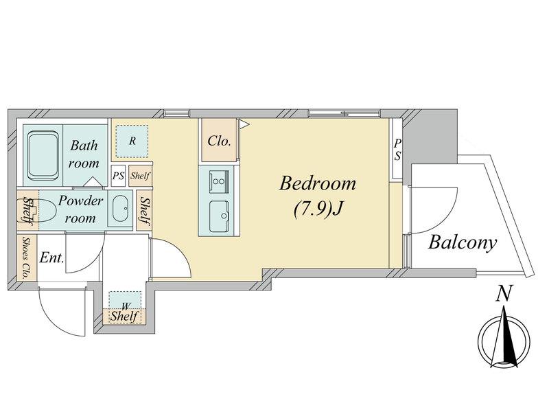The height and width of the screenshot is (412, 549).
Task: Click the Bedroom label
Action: [x=318, y=183]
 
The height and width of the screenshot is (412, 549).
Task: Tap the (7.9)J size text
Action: [x=318, y=210]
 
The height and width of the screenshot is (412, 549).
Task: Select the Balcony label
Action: [x=462, y=242]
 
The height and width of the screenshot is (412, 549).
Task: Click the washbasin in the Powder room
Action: [x=120, y=210]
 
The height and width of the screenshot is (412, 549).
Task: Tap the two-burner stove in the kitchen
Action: [x=219, y=181]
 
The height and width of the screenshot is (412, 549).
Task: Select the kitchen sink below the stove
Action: [x=219, y=216]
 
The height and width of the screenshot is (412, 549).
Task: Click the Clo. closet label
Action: [x=219, y=141]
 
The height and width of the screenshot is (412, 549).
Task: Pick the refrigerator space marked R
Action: [x=132, y=141]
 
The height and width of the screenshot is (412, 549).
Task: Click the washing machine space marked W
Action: [x=126, y=301]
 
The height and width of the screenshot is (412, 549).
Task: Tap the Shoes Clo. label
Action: [x=26, y=258]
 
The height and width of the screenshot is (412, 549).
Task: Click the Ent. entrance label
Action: [x=52, y=259]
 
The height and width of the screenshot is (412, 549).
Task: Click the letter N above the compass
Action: [x=504, y=294]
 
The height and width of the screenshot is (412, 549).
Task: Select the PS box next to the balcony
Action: [x=397, y=150]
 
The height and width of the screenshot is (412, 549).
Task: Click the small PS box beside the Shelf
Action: [x=118, y=176]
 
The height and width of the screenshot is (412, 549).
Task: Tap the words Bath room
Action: [x=84, y=154]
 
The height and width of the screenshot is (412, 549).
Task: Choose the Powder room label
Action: [x=80, y=209]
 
